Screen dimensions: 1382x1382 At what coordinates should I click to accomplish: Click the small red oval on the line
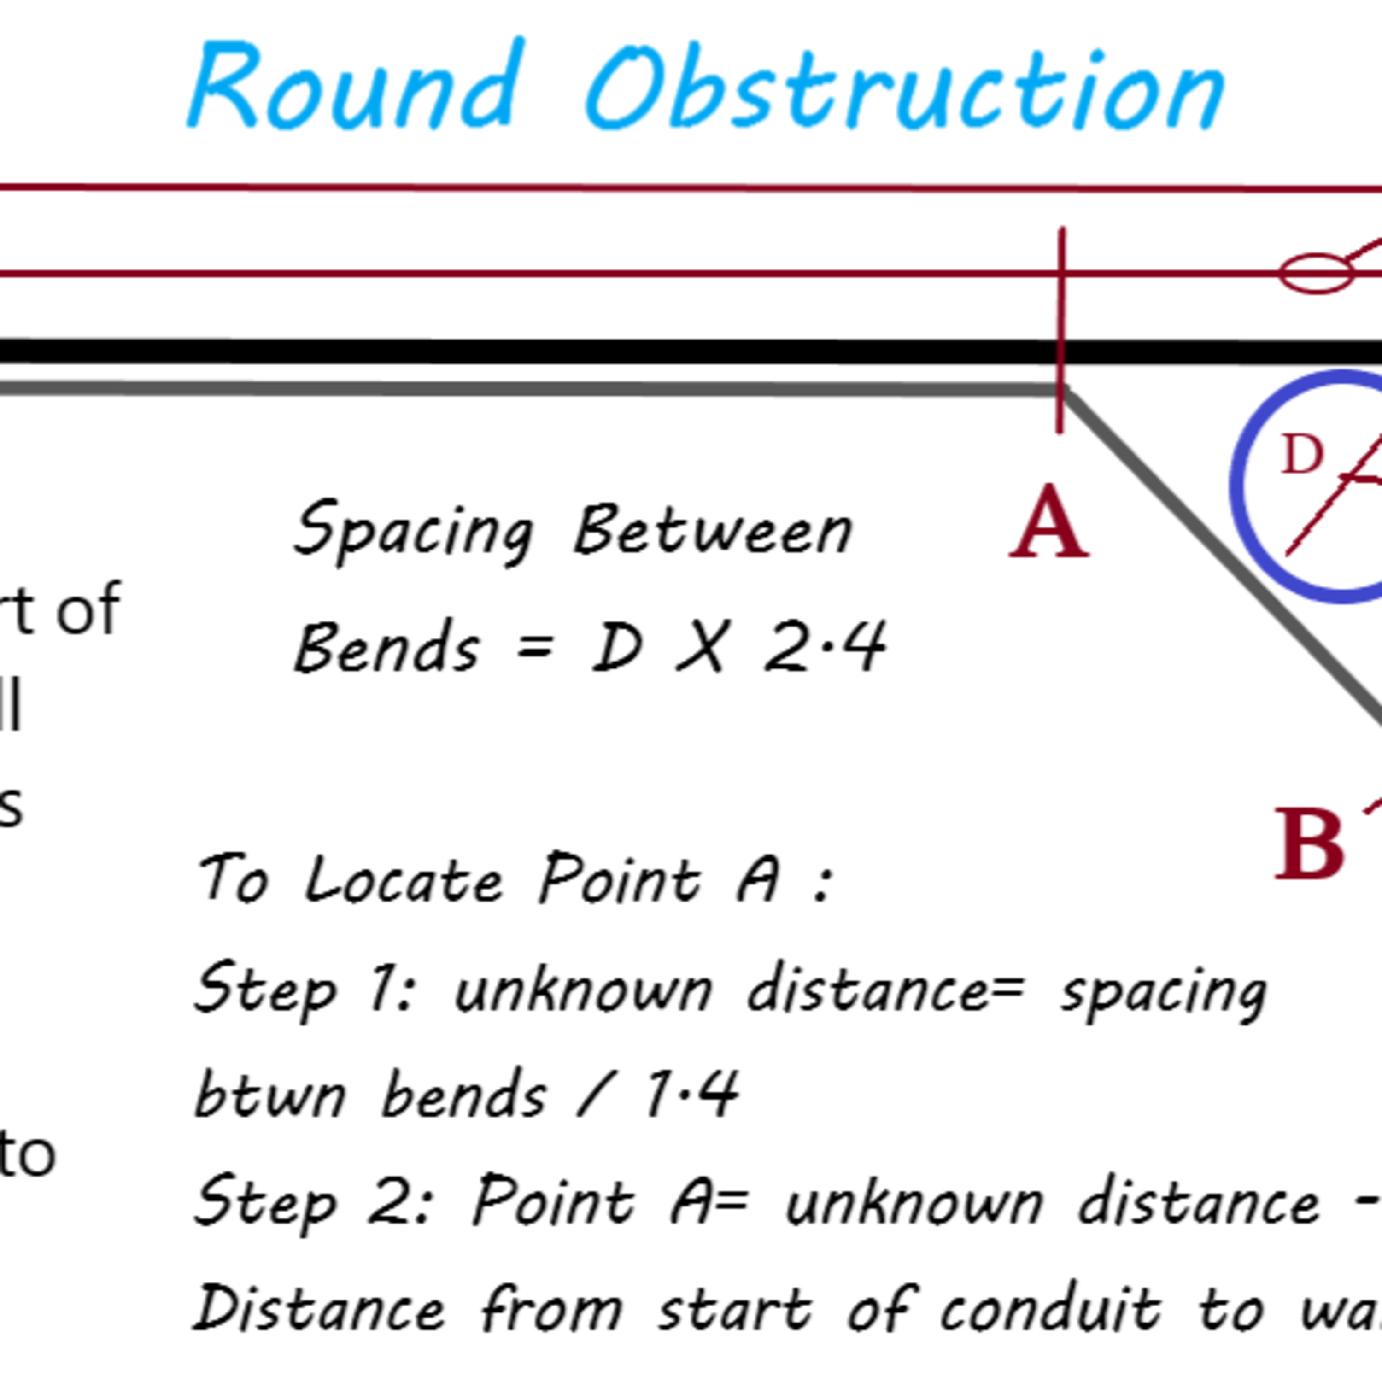1316,273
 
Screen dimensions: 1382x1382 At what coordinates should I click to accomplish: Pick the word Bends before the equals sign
386,647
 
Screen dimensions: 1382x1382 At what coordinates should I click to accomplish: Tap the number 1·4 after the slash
691,1093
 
